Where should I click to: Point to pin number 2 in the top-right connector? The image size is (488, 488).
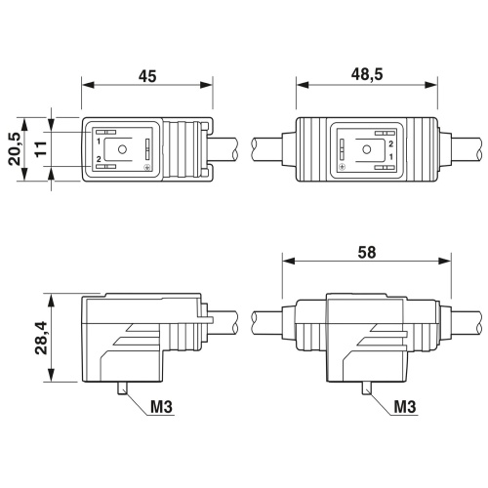391,142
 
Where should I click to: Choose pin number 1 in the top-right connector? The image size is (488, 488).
391,157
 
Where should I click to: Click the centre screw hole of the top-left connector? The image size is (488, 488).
122,149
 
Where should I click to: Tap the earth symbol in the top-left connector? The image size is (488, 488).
146,167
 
